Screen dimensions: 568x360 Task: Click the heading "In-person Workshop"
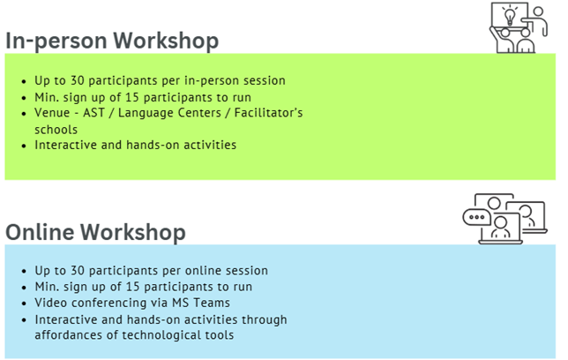pos(112,41)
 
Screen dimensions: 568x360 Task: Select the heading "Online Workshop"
pos(95,232)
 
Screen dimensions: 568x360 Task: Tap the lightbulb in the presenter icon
pos(510,16)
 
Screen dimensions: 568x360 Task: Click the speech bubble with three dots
pos(476,218)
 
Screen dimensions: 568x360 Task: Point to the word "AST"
pos(93,113)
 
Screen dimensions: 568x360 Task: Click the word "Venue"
pos(52,113)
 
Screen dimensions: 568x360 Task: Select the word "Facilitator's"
pos(268,113)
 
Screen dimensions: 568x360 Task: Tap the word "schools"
pos(56,130)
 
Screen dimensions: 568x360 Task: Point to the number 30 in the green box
pos(78,80)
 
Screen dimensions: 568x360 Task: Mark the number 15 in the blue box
pos(132,287)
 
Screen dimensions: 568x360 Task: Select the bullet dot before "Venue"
pos(24,114)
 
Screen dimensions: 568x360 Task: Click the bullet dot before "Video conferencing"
pos(24,304)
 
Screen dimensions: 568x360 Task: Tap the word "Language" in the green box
pos(169,113)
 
